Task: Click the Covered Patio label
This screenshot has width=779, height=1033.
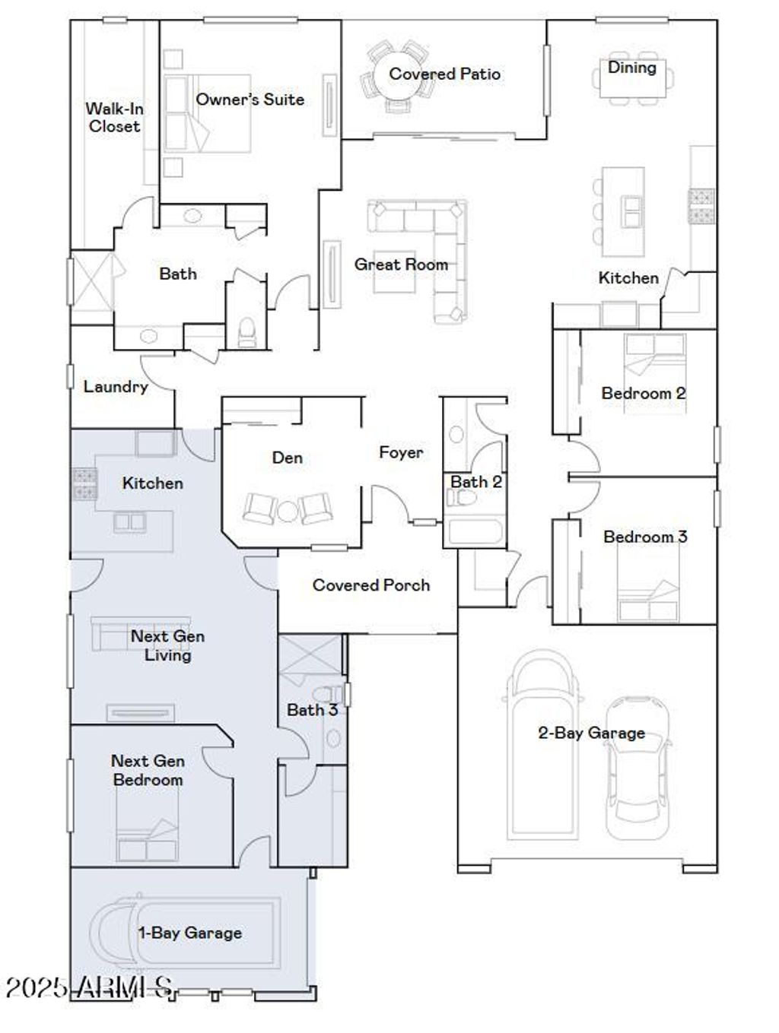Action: tap(444, 74)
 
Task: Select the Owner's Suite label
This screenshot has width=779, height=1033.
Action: tap(250, 100)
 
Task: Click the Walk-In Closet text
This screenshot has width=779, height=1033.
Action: tap(114, 117)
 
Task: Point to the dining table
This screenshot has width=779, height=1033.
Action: tap(632, 78)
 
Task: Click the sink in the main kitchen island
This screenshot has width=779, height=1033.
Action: tap(631, 211)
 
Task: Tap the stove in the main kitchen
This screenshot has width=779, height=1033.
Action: tap(701, 205)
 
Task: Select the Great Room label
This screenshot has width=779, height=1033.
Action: tap(401, 265)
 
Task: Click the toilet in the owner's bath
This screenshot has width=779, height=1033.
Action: tap(246, 332)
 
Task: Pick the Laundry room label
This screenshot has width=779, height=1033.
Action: tap(116, 387)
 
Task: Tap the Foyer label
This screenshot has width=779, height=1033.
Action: tap(401, 452)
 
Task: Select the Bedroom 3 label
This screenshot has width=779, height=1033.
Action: tap(645, 537)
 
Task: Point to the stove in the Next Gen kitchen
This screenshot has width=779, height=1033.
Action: tap(84, 483)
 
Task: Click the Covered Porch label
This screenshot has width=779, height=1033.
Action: tap(371, 585)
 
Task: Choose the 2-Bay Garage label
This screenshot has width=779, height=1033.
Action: tap(592, 733)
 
